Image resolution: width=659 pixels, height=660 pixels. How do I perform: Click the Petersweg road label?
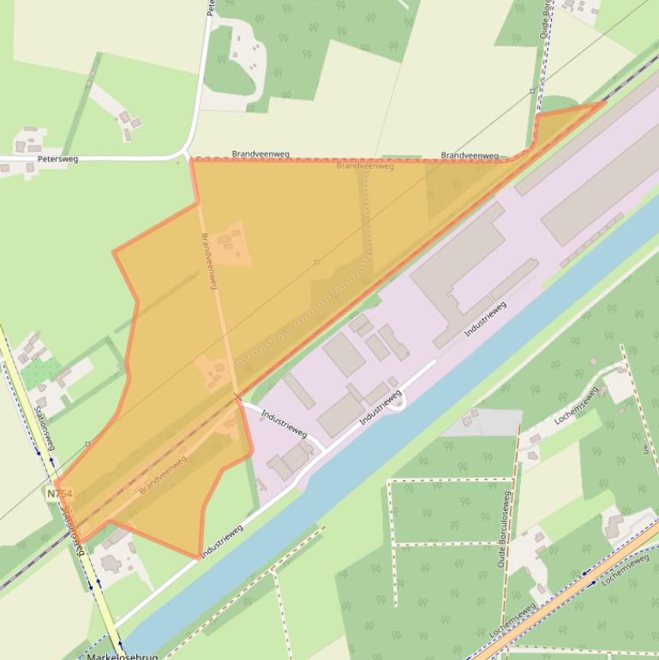(57, 159)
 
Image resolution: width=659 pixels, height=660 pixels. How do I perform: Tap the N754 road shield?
(60, 494)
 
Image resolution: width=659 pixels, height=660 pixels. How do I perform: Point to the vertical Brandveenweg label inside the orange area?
(209, 261)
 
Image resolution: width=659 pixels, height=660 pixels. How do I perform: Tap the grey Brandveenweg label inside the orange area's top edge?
(365, 165)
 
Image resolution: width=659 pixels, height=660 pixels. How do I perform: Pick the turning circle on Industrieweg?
(396, 402)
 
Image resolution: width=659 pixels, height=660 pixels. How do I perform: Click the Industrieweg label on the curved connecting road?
(284, 423)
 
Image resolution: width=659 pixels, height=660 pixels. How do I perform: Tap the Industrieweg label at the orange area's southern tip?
(222, 542)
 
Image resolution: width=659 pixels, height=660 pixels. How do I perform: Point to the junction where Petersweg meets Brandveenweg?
(188, 157)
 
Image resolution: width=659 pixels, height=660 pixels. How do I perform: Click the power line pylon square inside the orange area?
(316, 262)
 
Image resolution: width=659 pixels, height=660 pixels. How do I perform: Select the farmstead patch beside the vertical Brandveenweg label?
(231, 243)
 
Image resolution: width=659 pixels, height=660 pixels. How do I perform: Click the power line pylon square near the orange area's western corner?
(87, 444)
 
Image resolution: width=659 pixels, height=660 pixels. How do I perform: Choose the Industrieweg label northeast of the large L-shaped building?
(486, 317)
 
